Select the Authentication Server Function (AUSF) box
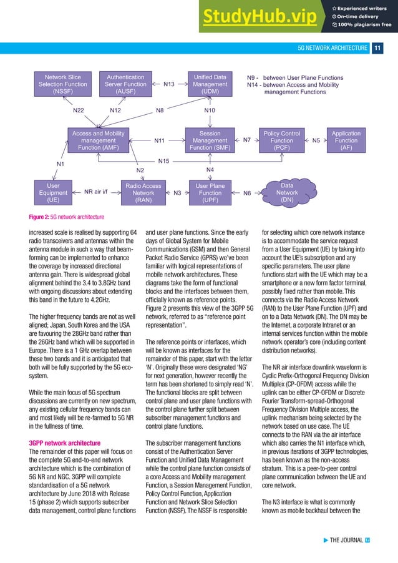pos(125,84)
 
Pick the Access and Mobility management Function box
pos(99,140)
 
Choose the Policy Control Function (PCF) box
pos(281,140)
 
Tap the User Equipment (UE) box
pos(53,193)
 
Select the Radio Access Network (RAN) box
pos(143,193)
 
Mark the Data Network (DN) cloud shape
pos(287,193)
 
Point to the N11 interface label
pos(159,141)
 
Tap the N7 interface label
pos(246,140)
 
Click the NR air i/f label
pos(96,193)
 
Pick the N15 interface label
pos(163,162)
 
